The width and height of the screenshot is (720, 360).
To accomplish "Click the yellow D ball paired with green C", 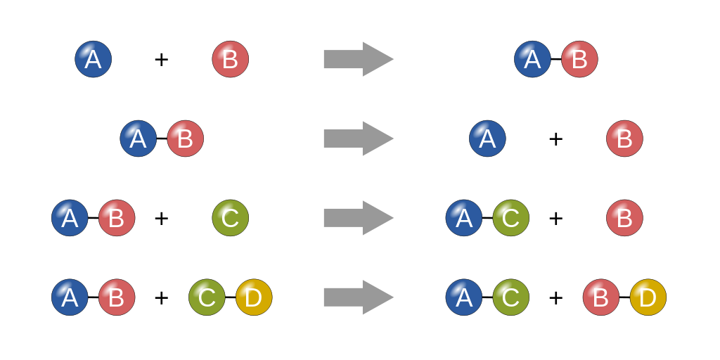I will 254,297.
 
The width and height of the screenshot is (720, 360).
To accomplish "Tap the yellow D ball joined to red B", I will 648,297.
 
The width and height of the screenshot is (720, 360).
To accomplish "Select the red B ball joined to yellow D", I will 601,297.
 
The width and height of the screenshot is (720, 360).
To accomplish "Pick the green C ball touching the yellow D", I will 207,297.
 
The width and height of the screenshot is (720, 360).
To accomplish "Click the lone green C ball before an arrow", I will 231,218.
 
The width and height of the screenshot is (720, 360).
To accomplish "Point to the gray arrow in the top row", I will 358,59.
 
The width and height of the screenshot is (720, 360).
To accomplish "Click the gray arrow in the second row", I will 358,139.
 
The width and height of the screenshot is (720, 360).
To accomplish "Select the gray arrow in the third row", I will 358,218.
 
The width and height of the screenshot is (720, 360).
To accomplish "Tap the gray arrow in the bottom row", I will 358,297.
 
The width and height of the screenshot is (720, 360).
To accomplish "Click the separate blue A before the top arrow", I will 94,59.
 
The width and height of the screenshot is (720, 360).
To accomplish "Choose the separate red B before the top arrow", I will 231,59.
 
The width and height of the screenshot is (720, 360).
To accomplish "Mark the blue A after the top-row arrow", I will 533,59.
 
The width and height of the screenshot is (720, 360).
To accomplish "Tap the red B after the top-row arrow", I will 579,59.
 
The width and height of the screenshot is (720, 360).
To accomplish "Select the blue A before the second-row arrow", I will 139,139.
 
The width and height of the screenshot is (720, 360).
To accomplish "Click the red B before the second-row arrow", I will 185,139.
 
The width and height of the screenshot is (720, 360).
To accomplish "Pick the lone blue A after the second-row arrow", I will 488,139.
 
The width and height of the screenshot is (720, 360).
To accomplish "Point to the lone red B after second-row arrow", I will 624,139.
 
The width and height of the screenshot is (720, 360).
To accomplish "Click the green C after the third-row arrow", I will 511,218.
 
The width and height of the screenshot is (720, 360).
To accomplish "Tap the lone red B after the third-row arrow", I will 624,218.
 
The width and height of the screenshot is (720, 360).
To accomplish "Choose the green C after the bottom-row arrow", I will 511,297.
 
